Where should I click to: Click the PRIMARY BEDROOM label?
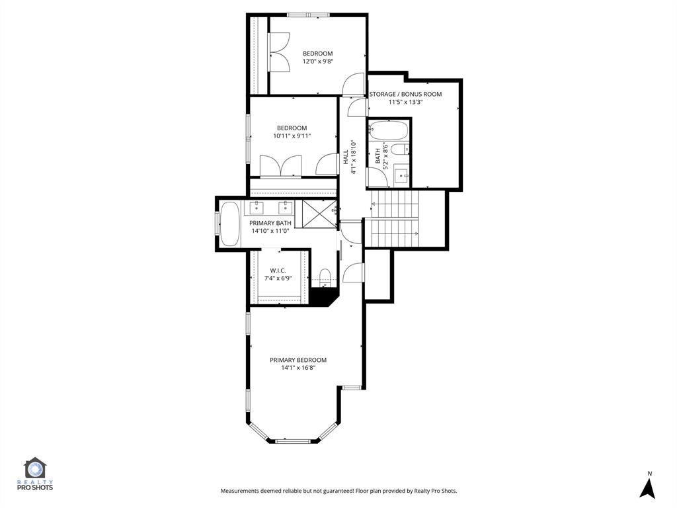click(x=298, y=360)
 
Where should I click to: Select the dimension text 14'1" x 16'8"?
click(x=297, y=368)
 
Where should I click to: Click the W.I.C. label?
click(x=278, y=271)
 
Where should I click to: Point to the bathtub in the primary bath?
click(x=229, y=224)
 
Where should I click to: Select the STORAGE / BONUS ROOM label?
click(x=405, y=94)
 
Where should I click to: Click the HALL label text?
click(x=346, y=157)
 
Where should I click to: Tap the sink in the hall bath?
click(x=401, y=176)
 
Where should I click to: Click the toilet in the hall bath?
click(x=401, y=149)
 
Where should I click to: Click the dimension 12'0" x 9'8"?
click(x=317, y=62)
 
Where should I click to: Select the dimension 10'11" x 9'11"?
click(x=292, y=136)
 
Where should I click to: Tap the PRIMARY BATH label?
click(x=270, y=223)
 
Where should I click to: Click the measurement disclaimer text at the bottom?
click(x=338, y=491)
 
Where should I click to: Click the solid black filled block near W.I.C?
click(x=322, y=298)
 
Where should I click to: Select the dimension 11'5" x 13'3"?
click(x=405, y=103)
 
